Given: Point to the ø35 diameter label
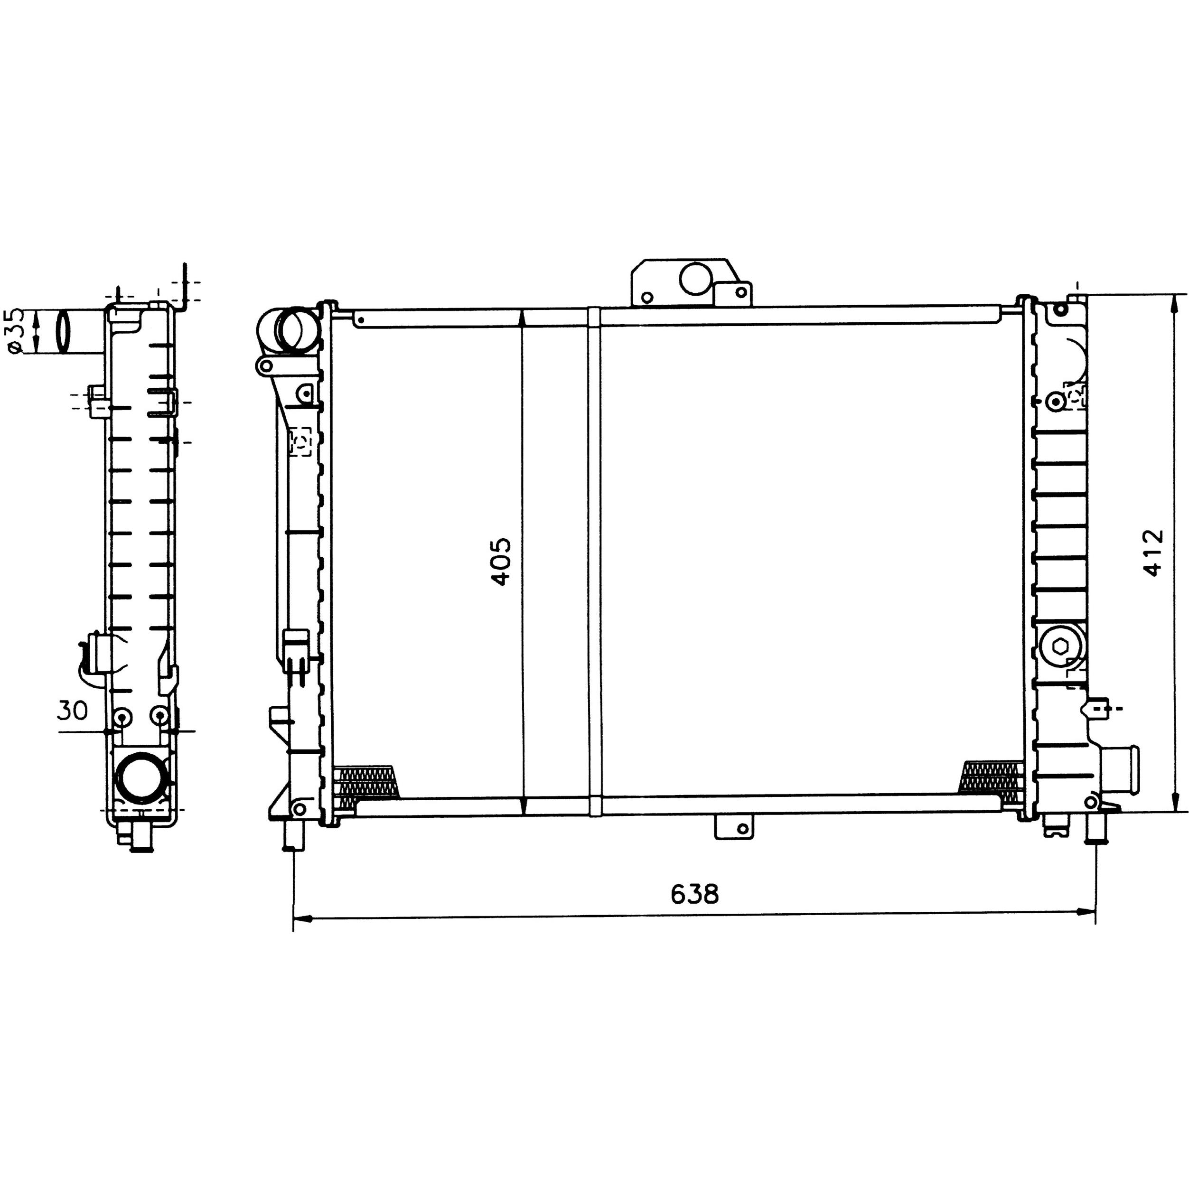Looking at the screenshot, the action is coord(17,331).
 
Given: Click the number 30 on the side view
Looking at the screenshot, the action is coord(73,711).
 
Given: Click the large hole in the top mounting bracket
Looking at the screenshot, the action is coord(695,278).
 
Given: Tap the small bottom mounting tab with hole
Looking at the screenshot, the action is coord(734,828).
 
